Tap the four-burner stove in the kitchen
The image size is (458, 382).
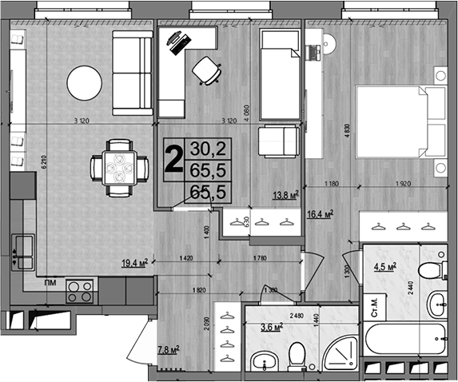pyautogui.click(x=80, y=290)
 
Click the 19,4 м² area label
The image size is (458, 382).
pyautogui.click(x=137, y=261)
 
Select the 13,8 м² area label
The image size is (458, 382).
pyautogui.click(x=285, y=194)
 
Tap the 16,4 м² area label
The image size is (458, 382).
pyautogui.click(x=320, y=214)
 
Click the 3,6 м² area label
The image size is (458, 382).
pyautogui.click(x=272, y=326)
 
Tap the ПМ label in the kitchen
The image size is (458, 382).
pyautogui.click(x=50, y=282)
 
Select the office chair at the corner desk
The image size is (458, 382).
pyautogui.click(x=208, y=70)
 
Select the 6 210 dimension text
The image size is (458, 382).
pyautogui.click(x=46, y=164)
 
